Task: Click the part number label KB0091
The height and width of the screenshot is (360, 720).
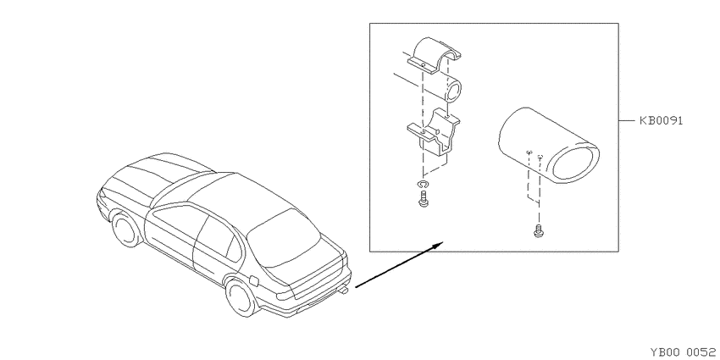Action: tap(662, 121)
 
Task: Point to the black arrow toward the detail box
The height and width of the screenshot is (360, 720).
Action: tap(399, 264)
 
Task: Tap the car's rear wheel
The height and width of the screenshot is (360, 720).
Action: tap(241, 296)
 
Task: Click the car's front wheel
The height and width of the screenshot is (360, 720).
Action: tap(126, 229)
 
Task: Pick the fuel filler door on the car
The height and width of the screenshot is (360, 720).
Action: tap(253, 279)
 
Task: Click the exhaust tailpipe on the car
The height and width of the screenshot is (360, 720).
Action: tap(343, 290)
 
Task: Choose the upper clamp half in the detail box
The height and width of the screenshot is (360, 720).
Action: tap(432, 57)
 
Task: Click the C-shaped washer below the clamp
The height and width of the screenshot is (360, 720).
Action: tap(423, 185)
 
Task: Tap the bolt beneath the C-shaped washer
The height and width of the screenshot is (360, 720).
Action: tap(423, 199)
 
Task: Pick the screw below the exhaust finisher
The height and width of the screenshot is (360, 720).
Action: tap(538, 231)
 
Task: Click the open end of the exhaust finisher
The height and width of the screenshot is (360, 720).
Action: tap(576, 163)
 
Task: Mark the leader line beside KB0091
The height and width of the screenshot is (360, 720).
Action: tap(627, 121)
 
